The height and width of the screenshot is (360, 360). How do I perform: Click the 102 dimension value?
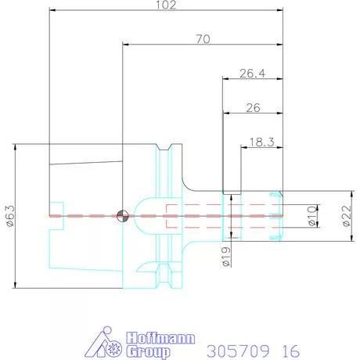click(x=166, y=5)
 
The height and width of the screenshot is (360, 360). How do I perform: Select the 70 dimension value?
click(x=203, y=39)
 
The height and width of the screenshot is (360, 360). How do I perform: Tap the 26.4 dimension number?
click(x=252, y=74)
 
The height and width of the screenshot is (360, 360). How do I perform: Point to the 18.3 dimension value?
click(x=261, y=142)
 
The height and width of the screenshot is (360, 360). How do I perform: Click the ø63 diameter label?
click(x=10, y=216)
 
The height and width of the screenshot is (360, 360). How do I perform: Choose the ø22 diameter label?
click(x=347, y=216)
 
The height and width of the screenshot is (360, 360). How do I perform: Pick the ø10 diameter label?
click(x=311, y=216)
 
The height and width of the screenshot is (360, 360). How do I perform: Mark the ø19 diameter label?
click(x=226, y=257)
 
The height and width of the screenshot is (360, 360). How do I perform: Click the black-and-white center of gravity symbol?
click(x=122, y=216)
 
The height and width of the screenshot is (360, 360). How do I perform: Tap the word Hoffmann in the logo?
click(x=160, y=338)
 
